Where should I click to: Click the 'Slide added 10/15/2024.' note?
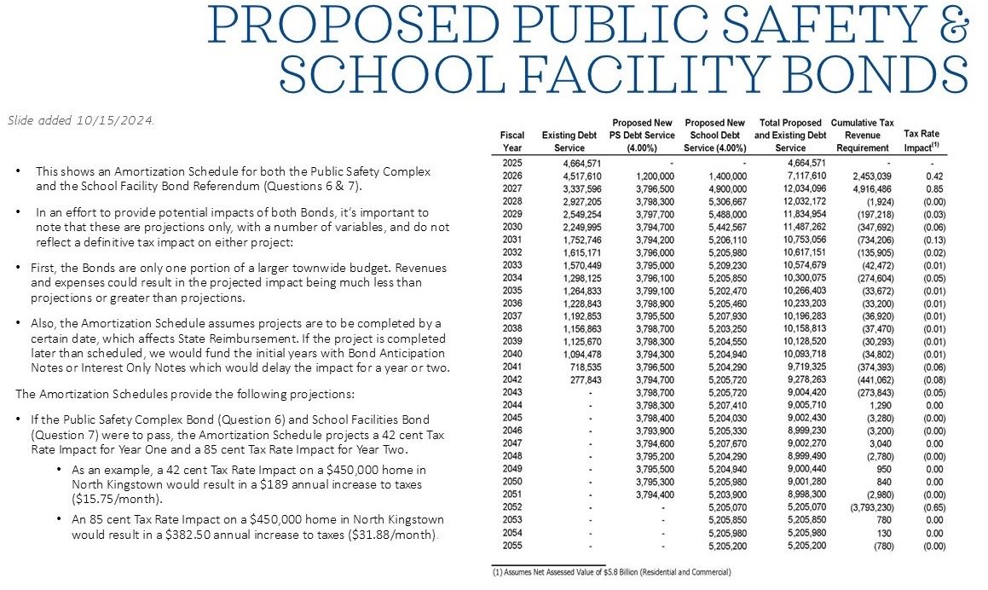(81, 120)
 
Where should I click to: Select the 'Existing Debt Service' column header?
(569, 142)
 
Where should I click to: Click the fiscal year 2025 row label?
(512, 163)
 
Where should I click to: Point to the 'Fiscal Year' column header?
(512, 142)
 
